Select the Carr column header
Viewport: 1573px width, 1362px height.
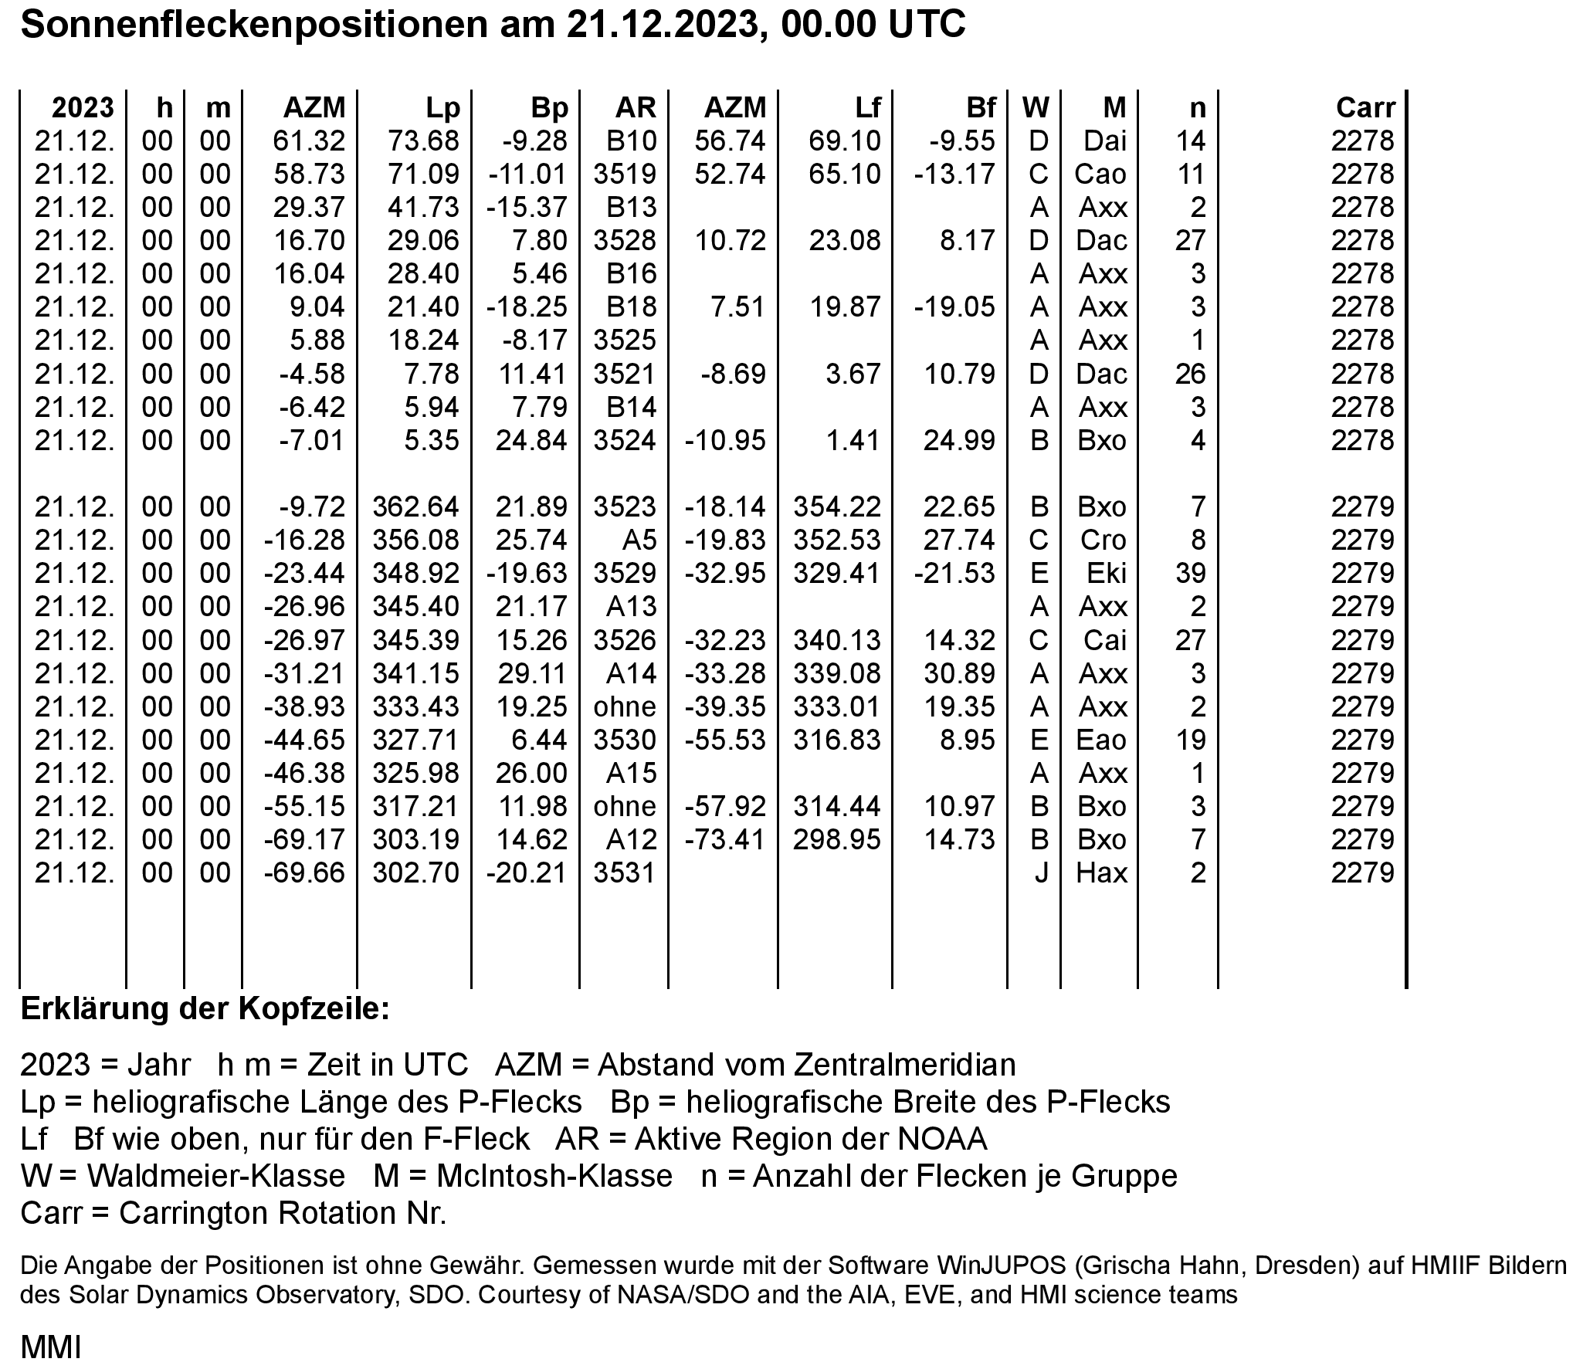(x=1365, y=107)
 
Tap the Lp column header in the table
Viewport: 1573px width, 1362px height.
(x=442, y=107)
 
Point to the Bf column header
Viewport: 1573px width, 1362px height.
(x=981, y=107)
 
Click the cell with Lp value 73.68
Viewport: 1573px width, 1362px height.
(x=423, y=141)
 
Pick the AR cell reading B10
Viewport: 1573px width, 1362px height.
(x=631, y=141)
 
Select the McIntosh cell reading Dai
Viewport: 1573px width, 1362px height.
(x=1104, y=141)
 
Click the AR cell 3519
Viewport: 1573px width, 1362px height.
(x=625, y=174)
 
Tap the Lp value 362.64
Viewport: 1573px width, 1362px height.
(x=416, y=507)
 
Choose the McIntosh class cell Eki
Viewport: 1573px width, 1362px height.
(x=1106, y=573)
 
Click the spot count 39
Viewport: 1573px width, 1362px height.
(x=1190, y=573)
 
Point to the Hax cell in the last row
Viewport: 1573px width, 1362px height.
(x=1102, y=872)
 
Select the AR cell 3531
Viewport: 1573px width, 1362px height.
(x=625, y=872)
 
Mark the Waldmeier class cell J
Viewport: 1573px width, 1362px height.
(x=1041, y=872)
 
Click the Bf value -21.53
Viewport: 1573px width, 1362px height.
(x=954, y=573)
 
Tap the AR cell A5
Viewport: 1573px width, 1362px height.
(x=639, y=540)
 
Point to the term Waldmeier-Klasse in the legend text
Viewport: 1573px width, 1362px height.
(x=215, y=1176)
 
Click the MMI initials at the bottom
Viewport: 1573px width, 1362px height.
(x=50, y=1347)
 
